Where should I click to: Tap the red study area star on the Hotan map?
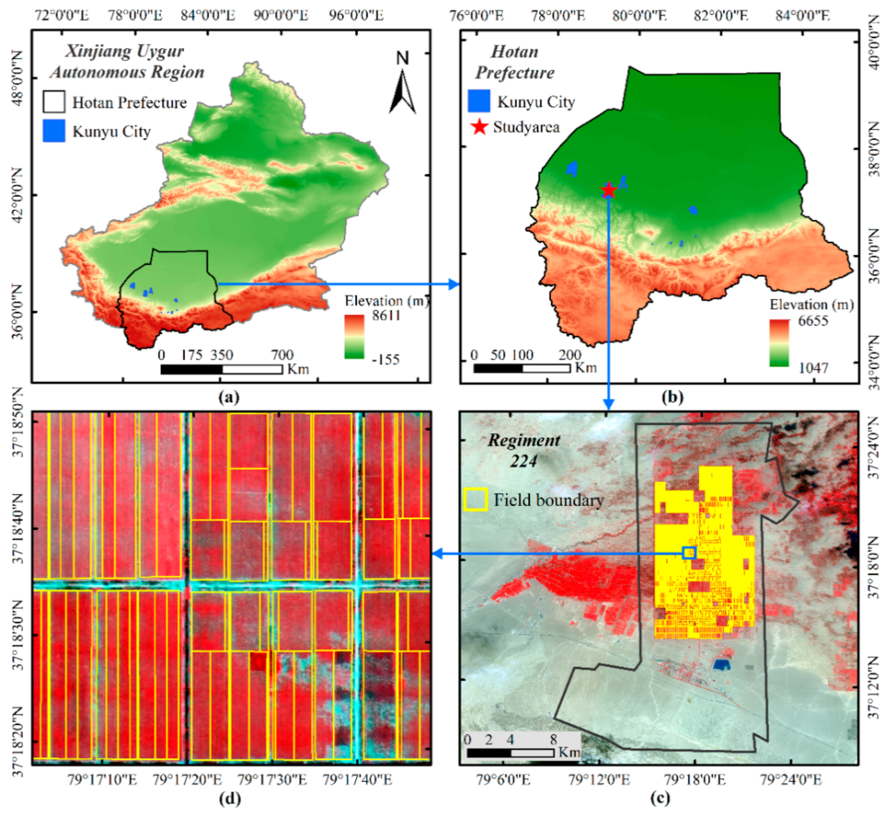[609, 190]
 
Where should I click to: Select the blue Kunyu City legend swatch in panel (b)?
[479, 101]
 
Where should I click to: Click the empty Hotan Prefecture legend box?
[54, 101]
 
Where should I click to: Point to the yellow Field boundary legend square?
[475, 500]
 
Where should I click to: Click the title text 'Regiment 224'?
[524, 450]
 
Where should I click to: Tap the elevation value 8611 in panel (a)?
[386, 315]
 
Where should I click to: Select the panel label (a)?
[229, 397]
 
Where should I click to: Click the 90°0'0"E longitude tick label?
[280, 16]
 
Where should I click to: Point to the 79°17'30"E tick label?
[272, 779]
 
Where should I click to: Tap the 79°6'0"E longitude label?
[503, 779]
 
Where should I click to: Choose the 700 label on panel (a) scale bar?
[282, 355]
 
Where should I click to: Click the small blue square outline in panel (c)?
[689, 553]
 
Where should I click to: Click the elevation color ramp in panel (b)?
[779, 343]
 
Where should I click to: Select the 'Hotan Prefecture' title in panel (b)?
[515, 62]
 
